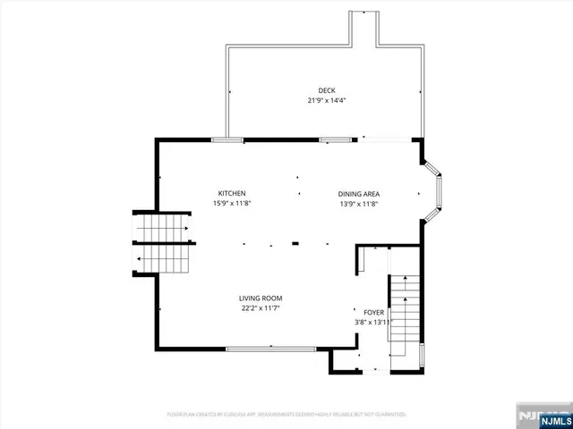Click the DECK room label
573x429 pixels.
tap(327, 89)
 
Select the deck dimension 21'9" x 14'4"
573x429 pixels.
tap(327, 100)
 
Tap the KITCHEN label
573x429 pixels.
tap(232, 193)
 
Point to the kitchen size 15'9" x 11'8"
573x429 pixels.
tap(232, 204)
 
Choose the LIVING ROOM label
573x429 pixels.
tap(261, 299)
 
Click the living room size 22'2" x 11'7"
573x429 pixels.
tap(261, 309)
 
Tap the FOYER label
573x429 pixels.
tap(373, 312)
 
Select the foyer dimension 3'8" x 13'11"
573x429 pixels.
tap(374, 322)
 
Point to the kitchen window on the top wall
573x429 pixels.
tap(227, 139)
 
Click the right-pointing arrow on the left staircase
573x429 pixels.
tap(186, 228)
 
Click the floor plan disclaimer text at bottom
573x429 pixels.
tap(286, 415)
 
